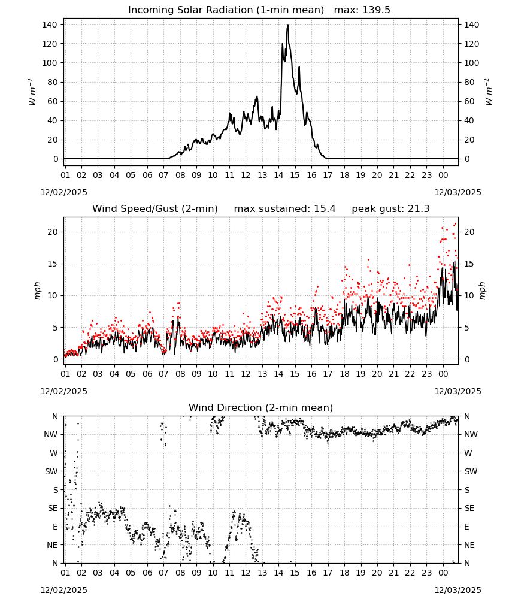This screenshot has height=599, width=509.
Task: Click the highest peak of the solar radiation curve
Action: (288, 25)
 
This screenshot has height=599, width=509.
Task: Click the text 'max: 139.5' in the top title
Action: (362, 10)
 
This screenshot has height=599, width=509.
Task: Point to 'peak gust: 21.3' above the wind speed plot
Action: (390, 209)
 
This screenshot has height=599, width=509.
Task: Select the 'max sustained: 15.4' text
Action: (284, 209)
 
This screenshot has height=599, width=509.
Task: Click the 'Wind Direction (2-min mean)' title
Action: (261, 407)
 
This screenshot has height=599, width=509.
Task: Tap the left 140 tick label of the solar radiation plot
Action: (50, 25)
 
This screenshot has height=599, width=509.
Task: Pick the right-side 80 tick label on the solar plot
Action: (469, 82)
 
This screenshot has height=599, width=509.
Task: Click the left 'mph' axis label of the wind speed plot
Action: (37, 291)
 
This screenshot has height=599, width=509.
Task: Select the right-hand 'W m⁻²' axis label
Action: (488, 92)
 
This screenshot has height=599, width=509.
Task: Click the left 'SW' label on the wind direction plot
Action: (51, 471)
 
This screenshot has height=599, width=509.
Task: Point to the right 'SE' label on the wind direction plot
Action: (469, 508)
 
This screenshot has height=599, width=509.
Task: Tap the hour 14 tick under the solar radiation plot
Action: (278, 175)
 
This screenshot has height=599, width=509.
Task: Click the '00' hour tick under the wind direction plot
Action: (443, 572)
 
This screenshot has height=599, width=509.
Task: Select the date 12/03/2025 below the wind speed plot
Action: (458, 391)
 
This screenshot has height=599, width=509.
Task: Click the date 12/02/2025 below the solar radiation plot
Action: (63, 192)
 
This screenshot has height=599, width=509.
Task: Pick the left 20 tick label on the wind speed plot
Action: (53, 232)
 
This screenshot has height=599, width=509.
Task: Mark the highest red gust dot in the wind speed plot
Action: (455, 224)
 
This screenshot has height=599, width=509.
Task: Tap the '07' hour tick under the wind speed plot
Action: (164, 374)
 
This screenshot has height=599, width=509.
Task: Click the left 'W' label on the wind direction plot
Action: (54, 453)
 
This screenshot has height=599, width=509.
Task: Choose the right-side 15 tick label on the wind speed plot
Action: (469, 264)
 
